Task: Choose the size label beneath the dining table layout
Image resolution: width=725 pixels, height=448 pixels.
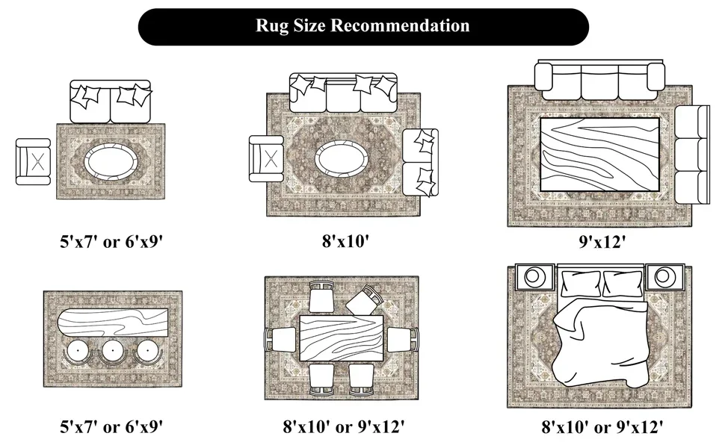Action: pos(344,427)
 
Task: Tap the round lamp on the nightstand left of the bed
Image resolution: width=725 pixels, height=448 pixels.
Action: pos(535,277)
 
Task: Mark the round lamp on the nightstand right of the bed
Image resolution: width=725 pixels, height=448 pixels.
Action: pos(663,277)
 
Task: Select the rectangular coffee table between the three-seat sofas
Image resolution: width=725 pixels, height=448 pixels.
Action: pos(599,154)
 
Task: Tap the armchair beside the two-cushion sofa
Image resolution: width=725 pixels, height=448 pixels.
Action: pos(34,161)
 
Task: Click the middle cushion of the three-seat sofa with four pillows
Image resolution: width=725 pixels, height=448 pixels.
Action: pos(342,95)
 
